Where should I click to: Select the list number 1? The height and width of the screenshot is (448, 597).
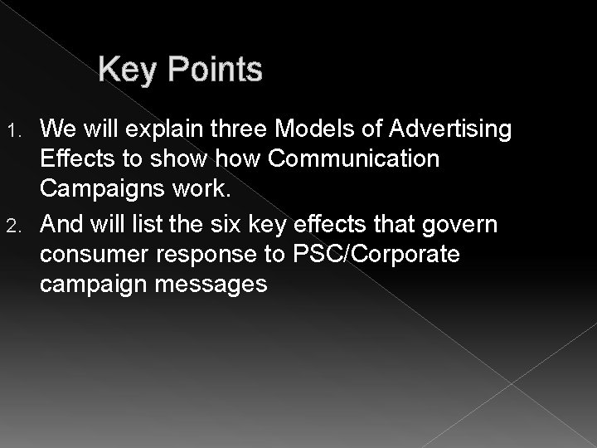coord(25,129)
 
